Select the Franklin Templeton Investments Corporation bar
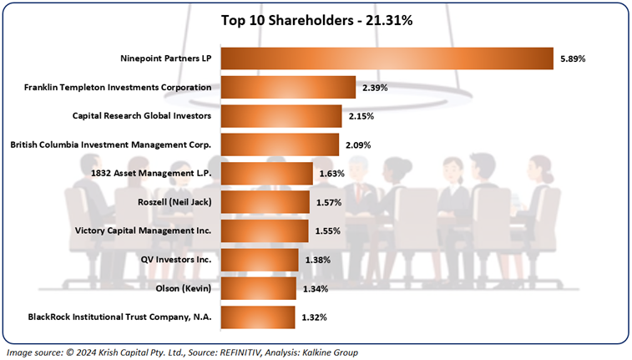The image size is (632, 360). tap(288, 87)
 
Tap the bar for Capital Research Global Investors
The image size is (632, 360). tap(281, 116)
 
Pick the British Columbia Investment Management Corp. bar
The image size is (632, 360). tap(280, 145)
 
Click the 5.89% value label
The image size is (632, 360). tap(573, 59)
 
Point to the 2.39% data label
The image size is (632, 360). tap(375, 88)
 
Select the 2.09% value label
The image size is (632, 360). tap(358, 145)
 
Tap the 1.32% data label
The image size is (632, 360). tap(314, 317)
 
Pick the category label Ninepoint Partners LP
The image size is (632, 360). tap(166, 58)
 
